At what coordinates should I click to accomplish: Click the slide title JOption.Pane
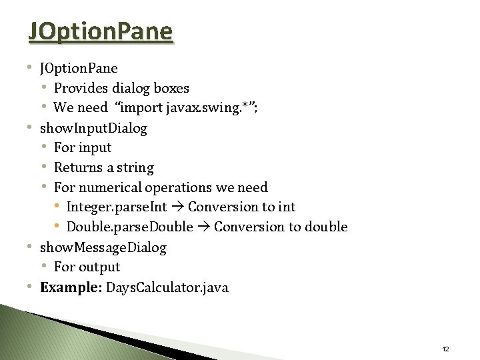tap(101, 31)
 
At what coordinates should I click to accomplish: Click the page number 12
tap(445, 349)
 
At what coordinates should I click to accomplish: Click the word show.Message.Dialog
tap(103, 247)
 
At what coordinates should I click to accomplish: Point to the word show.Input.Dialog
tap(93, 127)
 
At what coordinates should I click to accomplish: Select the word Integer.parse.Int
tap(117, 207)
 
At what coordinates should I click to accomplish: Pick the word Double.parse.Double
tap(129, 227)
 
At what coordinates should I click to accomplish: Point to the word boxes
tap(171, 88)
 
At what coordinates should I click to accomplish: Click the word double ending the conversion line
tap(326, 227)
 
